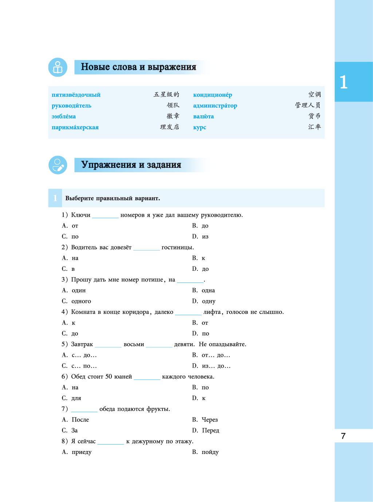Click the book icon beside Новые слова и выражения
click(58, 67)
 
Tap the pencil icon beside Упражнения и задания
click(58, 165)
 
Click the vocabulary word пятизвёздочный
click(76, 95)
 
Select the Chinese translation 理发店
click(170, 127)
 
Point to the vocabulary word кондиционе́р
click(212, 95)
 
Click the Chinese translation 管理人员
click(308, 106)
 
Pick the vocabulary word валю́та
click(203, 116)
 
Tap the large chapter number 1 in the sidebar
click(343, 82)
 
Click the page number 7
click(343, 436)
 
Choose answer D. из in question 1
click(200, 237)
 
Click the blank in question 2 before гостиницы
click(146, 248)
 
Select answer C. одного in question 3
click(76, 301)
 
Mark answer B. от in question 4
click(200, 323)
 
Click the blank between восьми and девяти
click(159, 345)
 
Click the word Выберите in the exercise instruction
click(80, 198)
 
